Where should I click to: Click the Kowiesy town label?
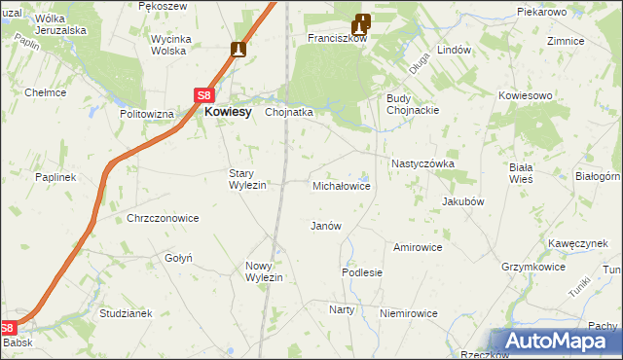[x=229, y=112]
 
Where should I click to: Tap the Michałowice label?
[x=341, y=185]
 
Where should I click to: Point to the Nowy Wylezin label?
[x=264, y=271]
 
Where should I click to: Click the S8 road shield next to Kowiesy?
[x=203, y=95]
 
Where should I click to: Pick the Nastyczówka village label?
[x=422, y=164]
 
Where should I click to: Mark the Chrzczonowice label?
[x=163, y=219]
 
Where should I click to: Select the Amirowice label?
[x=418, y=247]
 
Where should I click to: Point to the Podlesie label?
[x=361, y=273]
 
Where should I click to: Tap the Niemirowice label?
[x=409, y=313]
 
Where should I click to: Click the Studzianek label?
[x=127, y=314]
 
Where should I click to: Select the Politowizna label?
[x=147, y=114]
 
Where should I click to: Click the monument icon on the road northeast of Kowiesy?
[x=239, y=50]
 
